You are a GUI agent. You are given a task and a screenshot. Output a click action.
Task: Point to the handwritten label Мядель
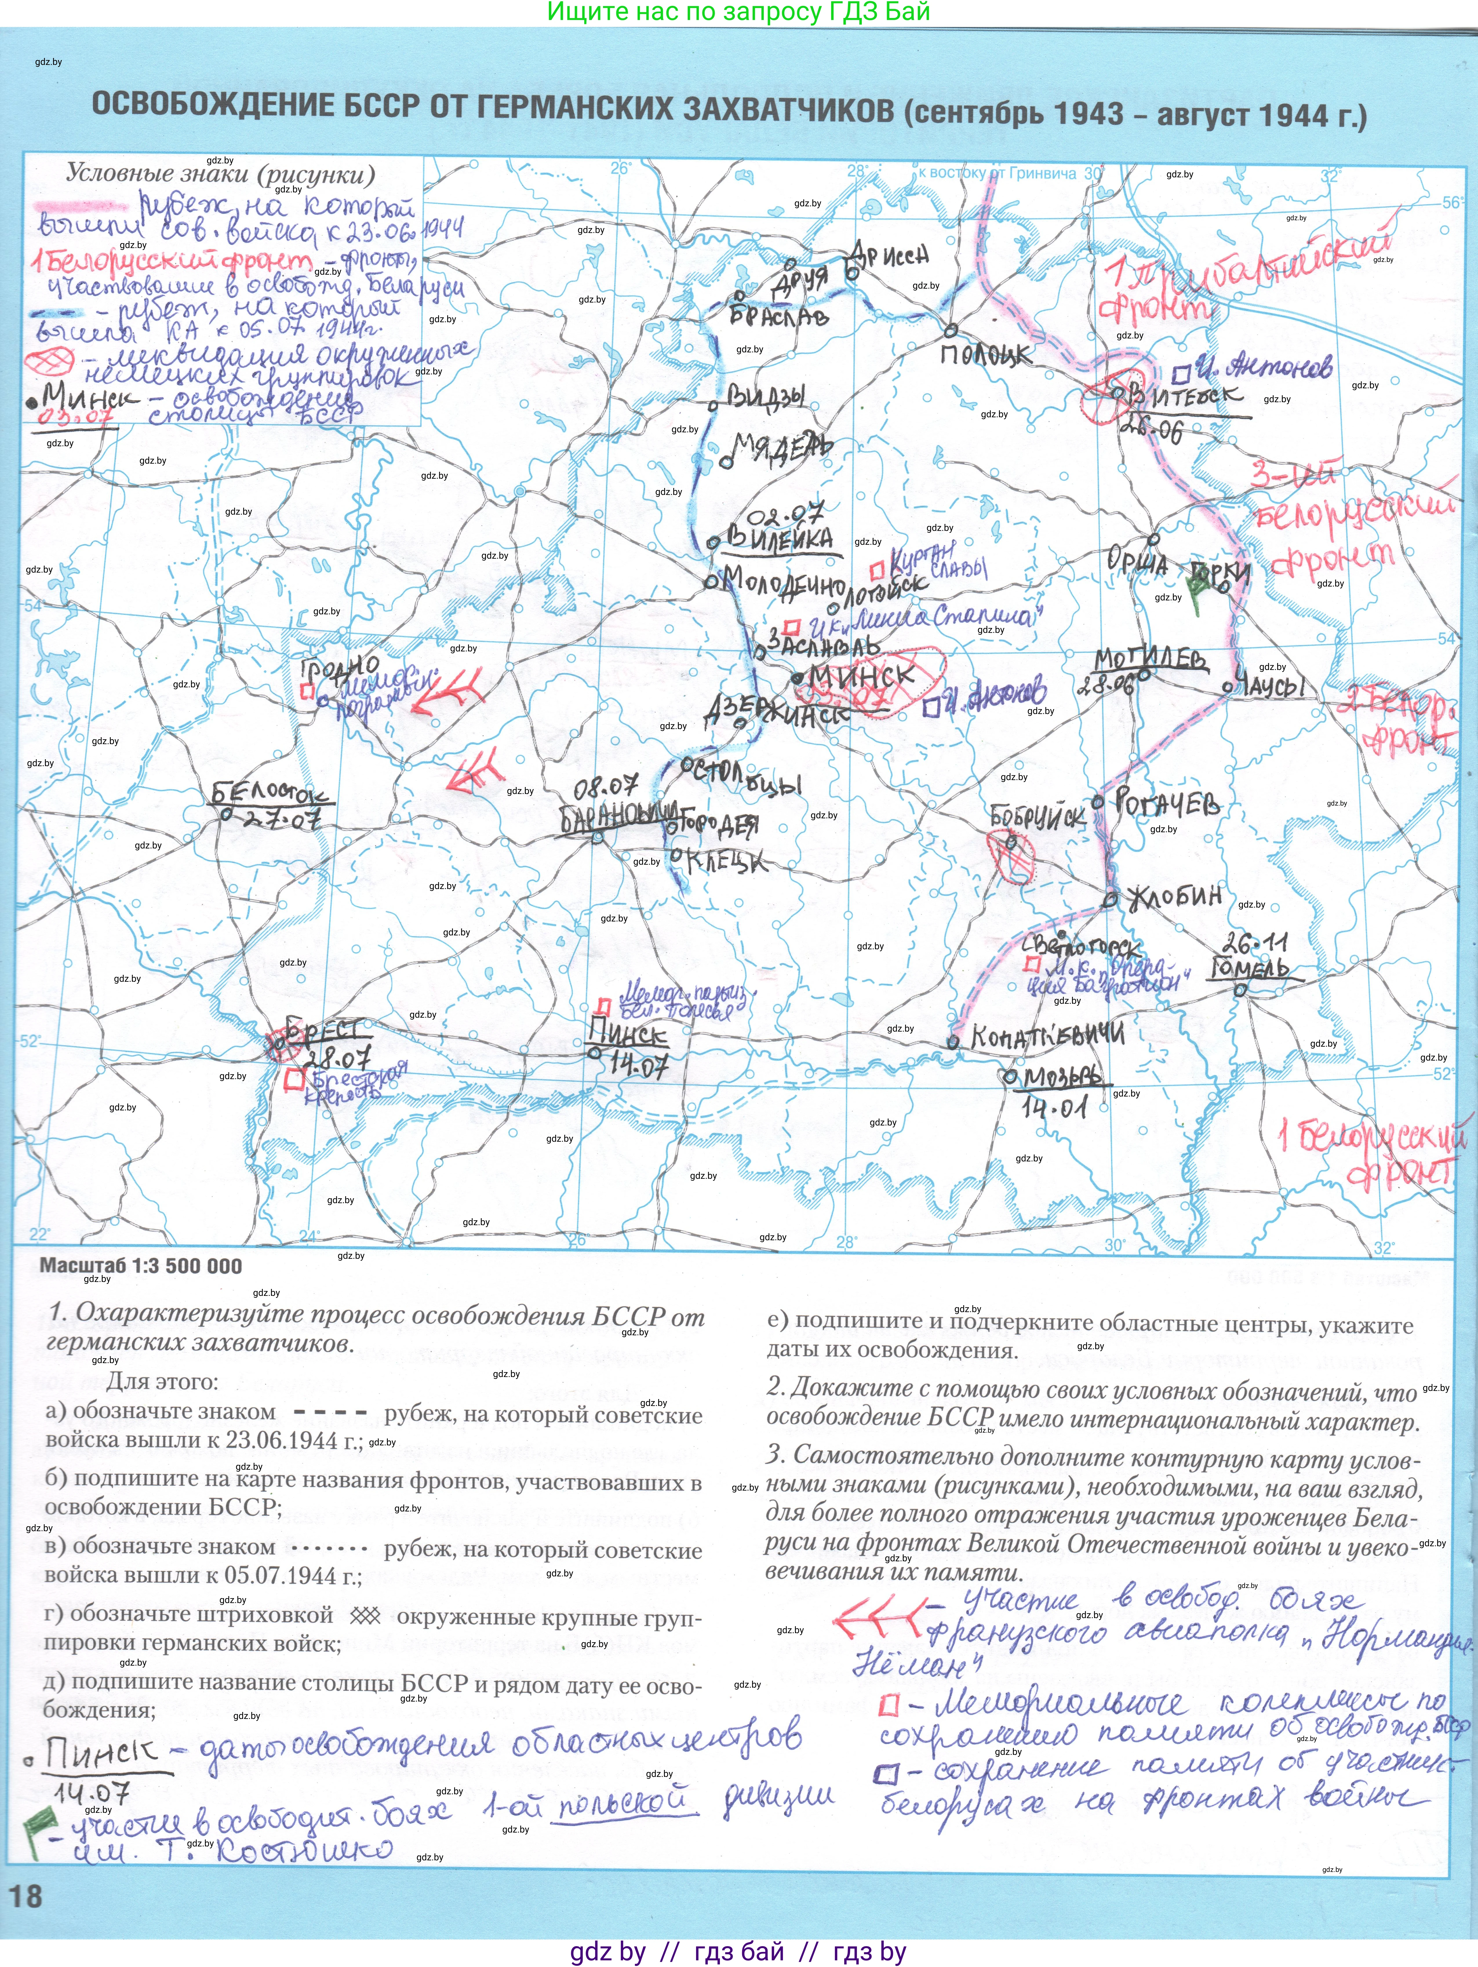point(782,447)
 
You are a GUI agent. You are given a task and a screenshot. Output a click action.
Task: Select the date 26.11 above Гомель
point(1254,943)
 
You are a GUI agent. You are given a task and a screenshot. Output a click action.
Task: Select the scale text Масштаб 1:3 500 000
point(141,1265)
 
